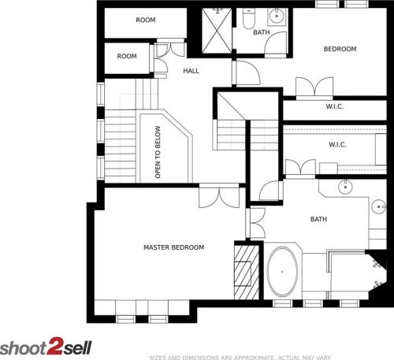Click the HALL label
pos(191,71)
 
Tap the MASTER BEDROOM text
pos(173,247)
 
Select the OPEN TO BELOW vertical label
pos(158,152)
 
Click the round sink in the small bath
pos(277,16)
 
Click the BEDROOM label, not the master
pos(340,49)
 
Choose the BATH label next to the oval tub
pos(318,220)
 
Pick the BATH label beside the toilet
pos(261,32)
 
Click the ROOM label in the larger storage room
pos(145,20)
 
